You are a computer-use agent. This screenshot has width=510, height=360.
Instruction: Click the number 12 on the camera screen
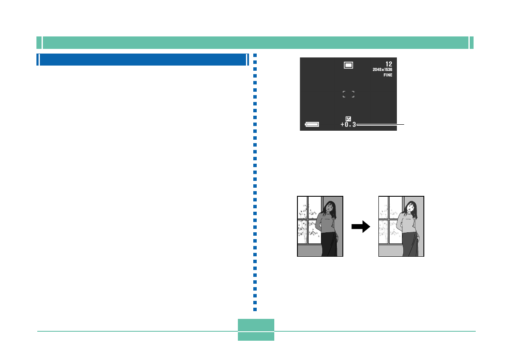click(x=389, y=64)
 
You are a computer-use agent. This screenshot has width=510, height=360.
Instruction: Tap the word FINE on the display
click(x=388, y=75)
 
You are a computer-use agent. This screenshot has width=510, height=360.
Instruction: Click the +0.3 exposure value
click(x=348, y=125)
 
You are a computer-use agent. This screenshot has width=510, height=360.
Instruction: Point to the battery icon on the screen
click(x=312, y=125)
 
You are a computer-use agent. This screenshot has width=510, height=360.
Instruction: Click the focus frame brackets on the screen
click(x=348, y=94)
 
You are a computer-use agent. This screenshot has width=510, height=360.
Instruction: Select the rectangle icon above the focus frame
click(x=348, y=65)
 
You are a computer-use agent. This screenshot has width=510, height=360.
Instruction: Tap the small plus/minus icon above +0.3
click(x=348, y=119)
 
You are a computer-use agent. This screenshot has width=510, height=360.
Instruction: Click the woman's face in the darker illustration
click(x=329, y=207)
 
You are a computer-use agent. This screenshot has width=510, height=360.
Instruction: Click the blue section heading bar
click(x=143, y=60)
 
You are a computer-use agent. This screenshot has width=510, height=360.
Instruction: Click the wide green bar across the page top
click(x=255, y=43)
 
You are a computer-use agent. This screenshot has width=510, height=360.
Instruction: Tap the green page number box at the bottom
click(x=256, y=330)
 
